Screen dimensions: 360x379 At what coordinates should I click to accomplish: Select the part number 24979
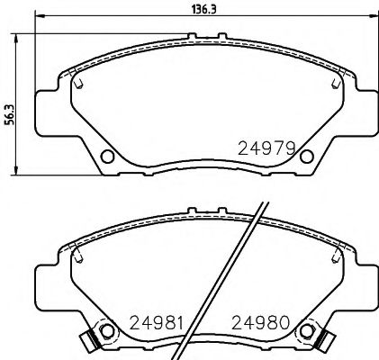click(267, 147)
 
